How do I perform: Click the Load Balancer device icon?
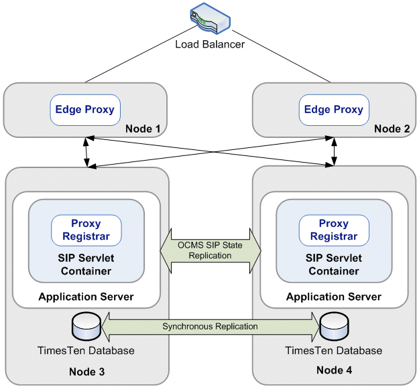click(x=211, y=18)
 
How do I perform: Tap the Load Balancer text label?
click(x=210, y=44)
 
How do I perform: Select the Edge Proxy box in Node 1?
click(x=85, y=110)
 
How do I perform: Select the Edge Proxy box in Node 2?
click(x=334, y=110)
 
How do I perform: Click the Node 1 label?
click(x=143, y=129)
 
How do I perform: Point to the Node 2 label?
click(x=392, y=129)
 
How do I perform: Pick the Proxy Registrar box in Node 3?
click(x=86, y=230)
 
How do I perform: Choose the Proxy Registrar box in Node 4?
click(x=334, y=230)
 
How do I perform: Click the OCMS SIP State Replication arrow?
click(x=211, y=250)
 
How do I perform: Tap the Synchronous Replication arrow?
click(x=211, y=327)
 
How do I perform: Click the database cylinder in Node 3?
click(x=86, y=326)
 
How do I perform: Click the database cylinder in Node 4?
click(x=334, y=326)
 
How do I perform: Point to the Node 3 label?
click(x=87, y=372)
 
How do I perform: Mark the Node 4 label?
click(x=335, y=370)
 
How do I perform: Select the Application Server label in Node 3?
click(x=86, y=297)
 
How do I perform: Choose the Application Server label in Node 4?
click(x=334, y=297)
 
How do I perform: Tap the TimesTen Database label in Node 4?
click(x=334, y=350)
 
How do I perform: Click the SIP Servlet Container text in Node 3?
click(x=86, y=264)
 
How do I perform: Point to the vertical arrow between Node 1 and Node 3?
click(x=86, y=152)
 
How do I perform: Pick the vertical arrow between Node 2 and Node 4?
click(x=334, y=151)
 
